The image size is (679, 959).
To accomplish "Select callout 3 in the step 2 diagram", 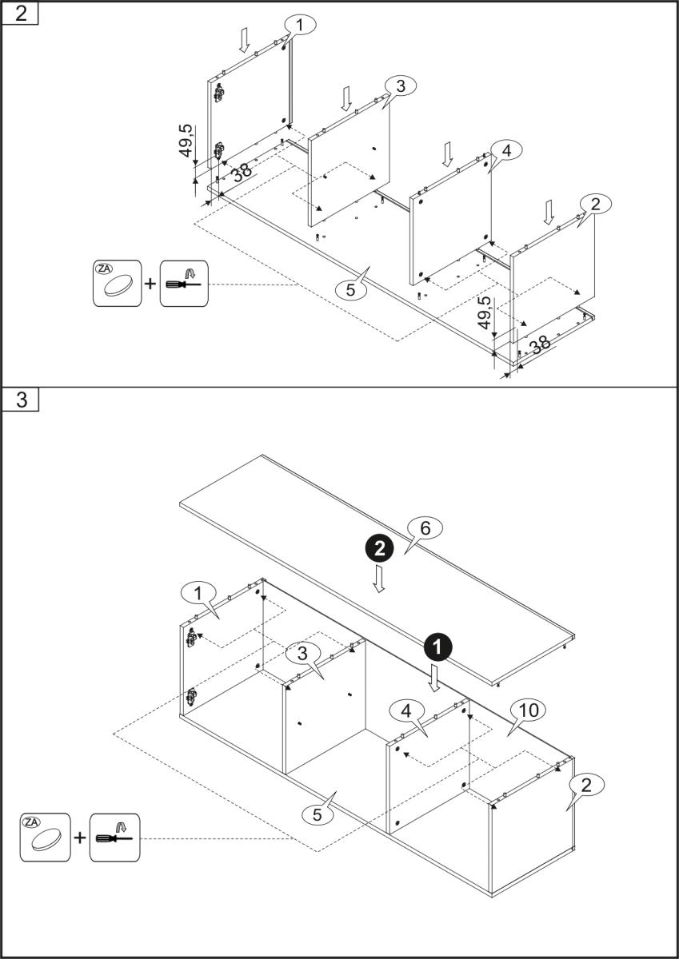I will point(401,85).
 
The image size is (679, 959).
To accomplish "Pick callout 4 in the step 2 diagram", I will point(506,149).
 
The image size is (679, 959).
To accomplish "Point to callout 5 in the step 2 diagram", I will point(350,290).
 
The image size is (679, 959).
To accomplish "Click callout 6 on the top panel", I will point(425,527).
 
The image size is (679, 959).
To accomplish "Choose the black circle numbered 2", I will point(380,548).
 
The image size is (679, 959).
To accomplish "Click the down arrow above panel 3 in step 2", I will point(345,98).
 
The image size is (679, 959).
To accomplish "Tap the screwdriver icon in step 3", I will point(114,838).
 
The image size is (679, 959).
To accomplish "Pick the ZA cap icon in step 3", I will point(45,838).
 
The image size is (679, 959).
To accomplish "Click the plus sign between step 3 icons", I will point(80,838).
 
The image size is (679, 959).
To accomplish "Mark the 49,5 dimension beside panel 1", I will point(186,141).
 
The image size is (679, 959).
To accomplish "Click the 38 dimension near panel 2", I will point(541,344).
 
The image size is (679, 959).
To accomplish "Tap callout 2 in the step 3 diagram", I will point(586,786).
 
